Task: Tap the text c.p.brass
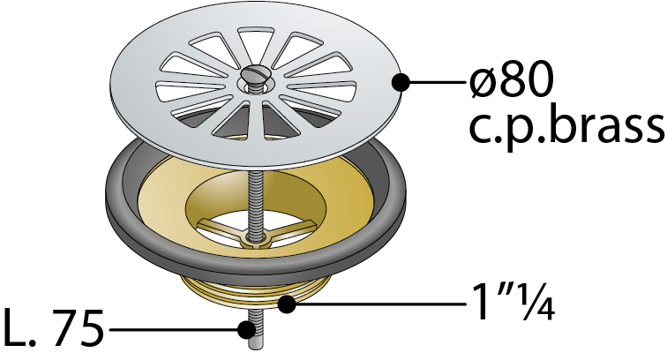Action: pyautogui.click(x=566, y=127)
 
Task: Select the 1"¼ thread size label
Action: pyautogui.click(x=513, y=302)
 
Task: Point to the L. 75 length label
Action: pyautogui.click(x=53, y=328)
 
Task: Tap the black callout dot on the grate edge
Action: pyautogui.click(x=400, y=82)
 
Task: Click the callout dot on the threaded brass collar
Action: pyautogui.click(x=286, y=304)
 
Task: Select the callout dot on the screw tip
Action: pyautogui.click(x=246, y=329)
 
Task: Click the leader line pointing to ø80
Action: pyautogui.click(x=437, y=82)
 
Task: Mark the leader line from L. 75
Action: pyautogui.click(x=174, y=329)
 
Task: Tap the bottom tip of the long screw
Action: pyautogui.click(x=254, y=349)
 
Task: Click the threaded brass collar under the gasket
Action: pyautogui.click(x=255, y=290)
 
